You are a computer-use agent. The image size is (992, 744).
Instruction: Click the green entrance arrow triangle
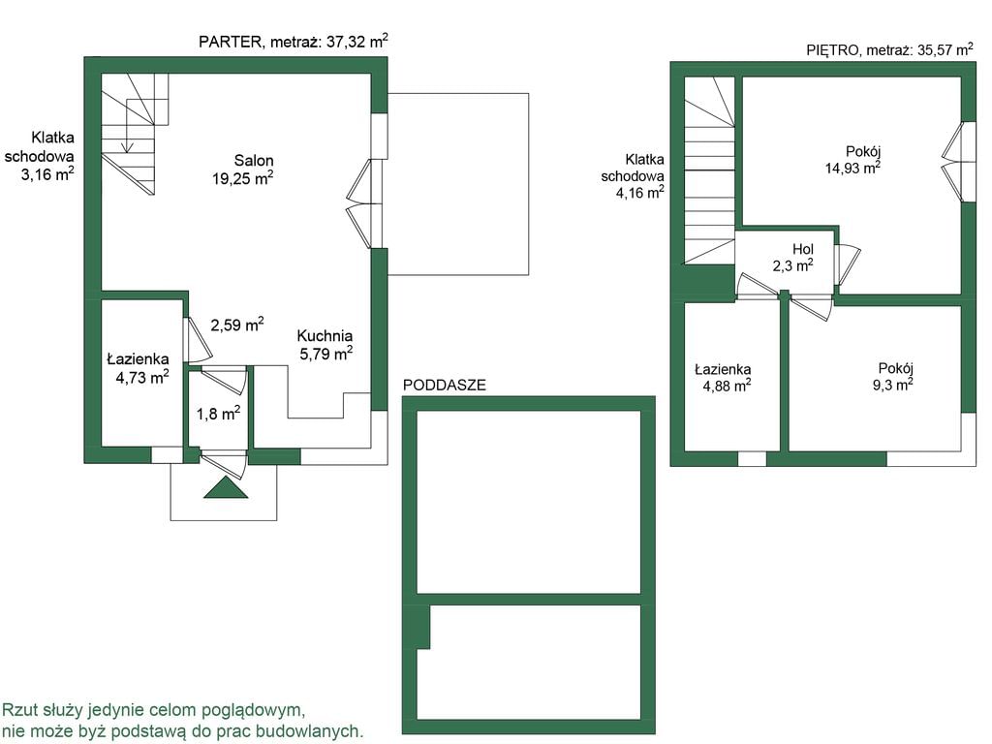226,488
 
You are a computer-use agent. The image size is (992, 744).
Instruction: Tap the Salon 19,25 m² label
243,170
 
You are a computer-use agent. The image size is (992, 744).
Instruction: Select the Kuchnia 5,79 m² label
325,345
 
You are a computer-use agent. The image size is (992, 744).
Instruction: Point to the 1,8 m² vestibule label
218,414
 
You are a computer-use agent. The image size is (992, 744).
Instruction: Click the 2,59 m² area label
236,325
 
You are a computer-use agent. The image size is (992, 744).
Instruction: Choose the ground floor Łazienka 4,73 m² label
138,368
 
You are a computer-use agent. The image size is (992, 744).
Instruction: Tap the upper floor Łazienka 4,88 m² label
723,377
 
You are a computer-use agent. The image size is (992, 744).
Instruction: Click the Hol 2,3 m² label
794,258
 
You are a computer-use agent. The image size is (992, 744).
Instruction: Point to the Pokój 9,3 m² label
894,377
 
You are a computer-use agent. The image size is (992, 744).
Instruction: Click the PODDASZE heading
445,385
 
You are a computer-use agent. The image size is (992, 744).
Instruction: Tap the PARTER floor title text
294,41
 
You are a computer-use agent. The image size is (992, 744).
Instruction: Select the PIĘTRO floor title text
890,50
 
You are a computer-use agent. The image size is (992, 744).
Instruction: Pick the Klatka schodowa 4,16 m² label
633,176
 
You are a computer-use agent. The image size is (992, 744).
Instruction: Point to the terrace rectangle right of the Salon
458,184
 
